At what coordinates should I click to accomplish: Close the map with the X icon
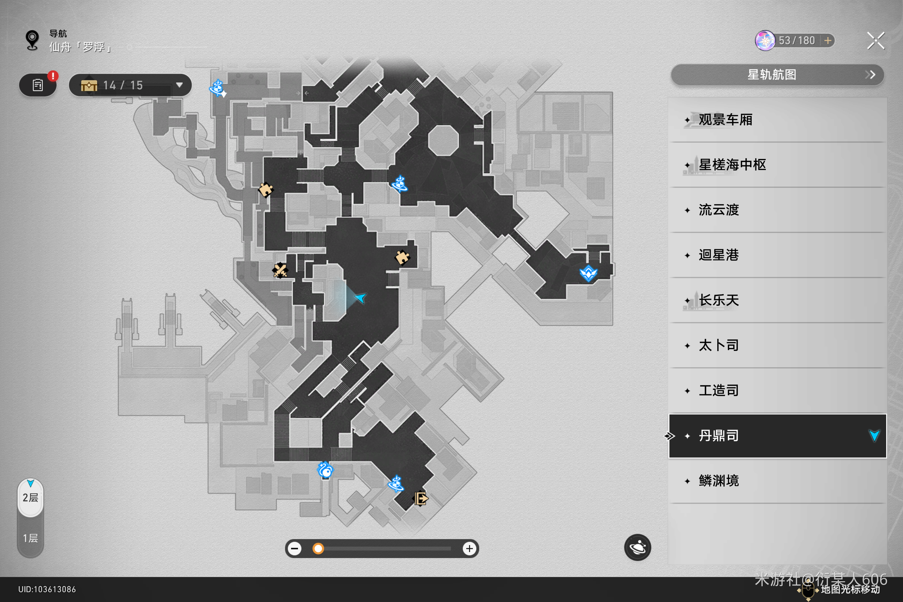875,41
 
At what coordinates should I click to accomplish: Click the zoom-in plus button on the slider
469,549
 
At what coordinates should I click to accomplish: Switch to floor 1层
30,538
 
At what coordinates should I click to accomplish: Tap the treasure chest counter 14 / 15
130,85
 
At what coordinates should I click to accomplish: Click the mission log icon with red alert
38,85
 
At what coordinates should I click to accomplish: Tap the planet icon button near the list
637,547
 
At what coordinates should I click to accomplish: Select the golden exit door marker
421,499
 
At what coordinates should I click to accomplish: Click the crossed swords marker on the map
280,270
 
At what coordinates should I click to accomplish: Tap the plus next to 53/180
828,41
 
